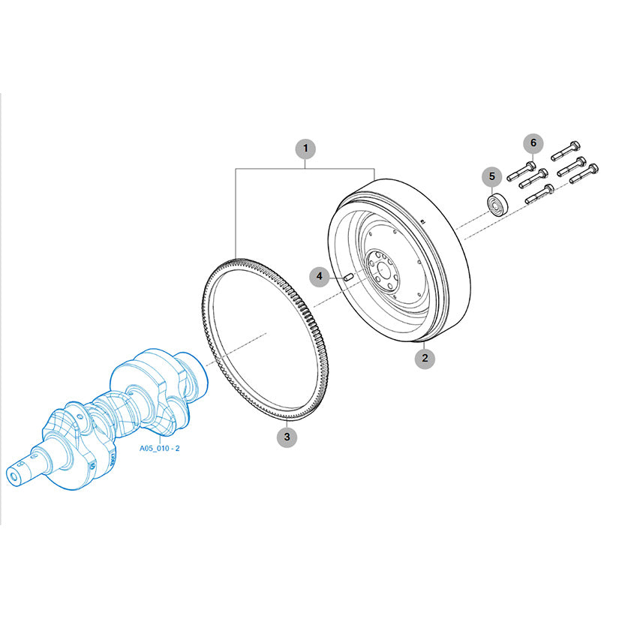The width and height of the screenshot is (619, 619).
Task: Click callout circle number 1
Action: [x=305, y=149]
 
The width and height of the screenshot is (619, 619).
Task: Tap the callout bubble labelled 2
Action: [x=425, y=359]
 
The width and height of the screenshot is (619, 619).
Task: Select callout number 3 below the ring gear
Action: [x=287, y=437]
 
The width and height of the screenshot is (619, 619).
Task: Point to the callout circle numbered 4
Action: [x=320, y=276]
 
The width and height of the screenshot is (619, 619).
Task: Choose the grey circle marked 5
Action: [x=492, y=176]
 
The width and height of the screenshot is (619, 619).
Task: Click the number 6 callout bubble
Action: [x=533, y=143]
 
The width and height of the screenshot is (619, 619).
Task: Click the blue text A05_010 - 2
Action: [x=160, y=448]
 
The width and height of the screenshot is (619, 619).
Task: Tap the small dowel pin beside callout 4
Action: [x=348, y=277]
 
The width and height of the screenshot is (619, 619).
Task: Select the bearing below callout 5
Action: [x=497, y=205]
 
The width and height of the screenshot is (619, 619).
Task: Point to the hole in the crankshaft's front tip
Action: [x=14, y=478]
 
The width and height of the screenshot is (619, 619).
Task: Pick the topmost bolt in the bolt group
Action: [x=565, y=151]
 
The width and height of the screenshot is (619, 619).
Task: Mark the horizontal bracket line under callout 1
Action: [x=305, y=169]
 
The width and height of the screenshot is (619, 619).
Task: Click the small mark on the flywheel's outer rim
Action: [x=422, y=221]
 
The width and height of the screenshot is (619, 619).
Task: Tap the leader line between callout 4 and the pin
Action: [x=336, y=276]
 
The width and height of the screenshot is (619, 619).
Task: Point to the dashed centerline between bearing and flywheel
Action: [x=471, y=222]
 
